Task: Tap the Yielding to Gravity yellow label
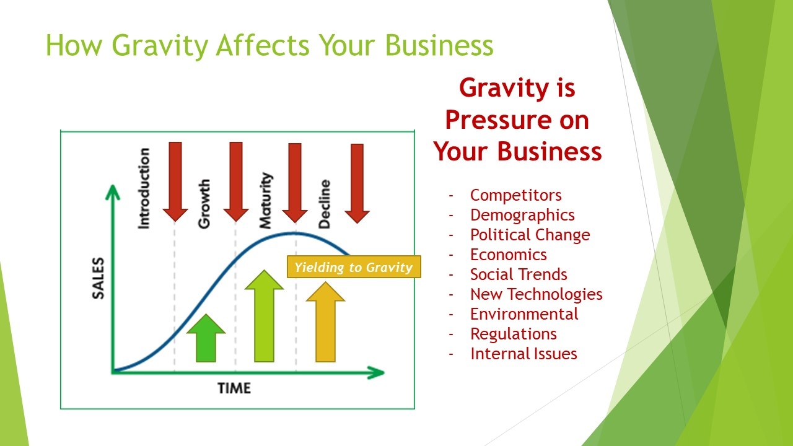354,266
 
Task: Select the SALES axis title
99,278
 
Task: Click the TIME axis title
234,388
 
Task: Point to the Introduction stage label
144,188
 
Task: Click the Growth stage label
204,204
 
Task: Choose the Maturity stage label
266,201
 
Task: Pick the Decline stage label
325,204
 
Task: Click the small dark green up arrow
206,338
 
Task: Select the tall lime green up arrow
264,316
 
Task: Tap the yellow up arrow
325,321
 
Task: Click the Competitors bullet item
516,195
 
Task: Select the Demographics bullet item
522,215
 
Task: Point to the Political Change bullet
530,235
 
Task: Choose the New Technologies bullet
537,294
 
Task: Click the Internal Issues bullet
524,354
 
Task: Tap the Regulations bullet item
514,334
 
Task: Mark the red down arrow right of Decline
357,183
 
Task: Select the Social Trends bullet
519,274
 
